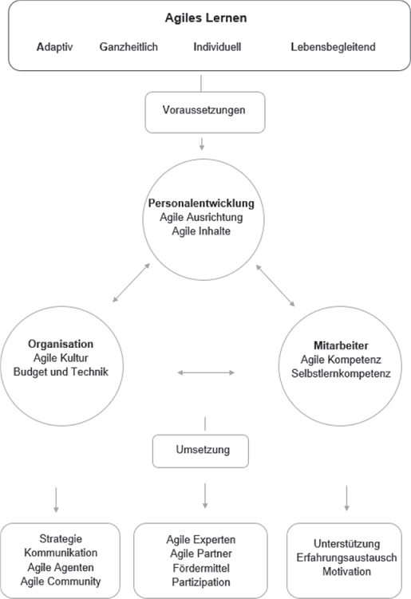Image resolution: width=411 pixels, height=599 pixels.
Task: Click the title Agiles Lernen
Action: (x=206, y=18)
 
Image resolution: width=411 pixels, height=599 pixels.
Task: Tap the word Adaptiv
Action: (x=55, y=47)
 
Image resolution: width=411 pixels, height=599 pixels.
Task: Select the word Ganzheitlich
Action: (x=128, y=47)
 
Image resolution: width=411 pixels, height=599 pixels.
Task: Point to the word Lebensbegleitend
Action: (x=333, y=47)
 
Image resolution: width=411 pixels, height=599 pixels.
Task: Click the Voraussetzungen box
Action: (x=205, y=112)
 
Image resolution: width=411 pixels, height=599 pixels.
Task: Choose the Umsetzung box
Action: (x=200, y=451)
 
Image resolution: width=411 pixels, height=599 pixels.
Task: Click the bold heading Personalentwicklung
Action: (x=201, y=203)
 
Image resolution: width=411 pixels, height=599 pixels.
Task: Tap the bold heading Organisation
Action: (x=61, y=344)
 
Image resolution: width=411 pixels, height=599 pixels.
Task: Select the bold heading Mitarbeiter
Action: (x=341, y=345)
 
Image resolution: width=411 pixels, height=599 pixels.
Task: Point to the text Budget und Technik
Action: (x=61, y=372)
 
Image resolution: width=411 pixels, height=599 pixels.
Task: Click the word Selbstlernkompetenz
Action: (x=341, y=373)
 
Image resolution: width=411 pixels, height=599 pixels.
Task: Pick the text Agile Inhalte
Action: (x=201, y=231)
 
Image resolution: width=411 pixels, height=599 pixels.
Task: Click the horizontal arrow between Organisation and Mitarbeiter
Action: (x=206, y=372)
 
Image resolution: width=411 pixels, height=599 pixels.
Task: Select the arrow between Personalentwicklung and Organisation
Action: (x=131, y=282)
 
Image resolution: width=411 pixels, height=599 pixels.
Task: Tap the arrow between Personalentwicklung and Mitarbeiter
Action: (x=275, y=286)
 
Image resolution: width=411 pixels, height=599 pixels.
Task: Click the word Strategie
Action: (x=61, y=538)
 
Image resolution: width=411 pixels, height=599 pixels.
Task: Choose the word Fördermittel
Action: (x=201, y=568)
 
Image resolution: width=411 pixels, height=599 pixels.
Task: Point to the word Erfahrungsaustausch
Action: (x=346, y=558)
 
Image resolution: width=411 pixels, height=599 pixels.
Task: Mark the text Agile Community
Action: (x=61, y=581)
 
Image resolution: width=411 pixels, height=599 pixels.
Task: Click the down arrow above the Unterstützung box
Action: (x=347, y=499)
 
